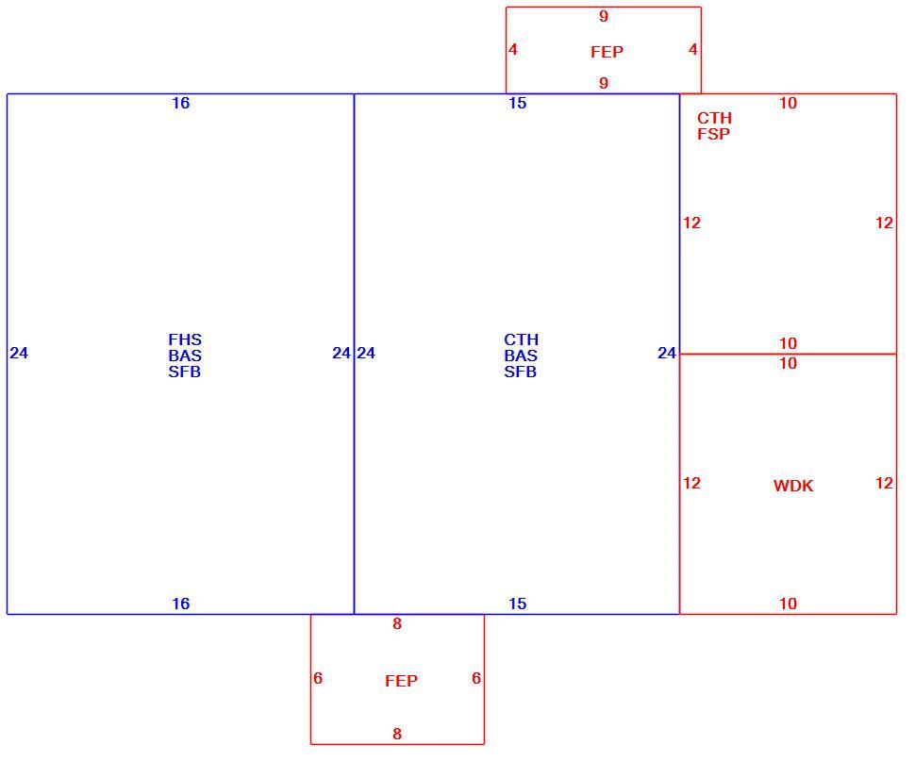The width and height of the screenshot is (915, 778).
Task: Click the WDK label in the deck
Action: pos(793,486)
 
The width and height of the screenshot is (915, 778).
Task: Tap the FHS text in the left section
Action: pos(185,339)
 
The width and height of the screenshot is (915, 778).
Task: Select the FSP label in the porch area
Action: pos(713,134)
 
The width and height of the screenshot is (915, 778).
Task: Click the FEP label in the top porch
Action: pos(607,52)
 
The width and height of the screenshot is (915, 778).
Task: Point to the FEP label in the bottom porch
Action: pos(402,681)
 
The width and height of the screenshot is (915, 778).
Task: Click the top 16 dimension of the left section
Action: pos(181,103)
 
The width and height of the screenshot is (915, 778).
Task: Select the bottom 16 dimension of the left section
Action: pos(181,604)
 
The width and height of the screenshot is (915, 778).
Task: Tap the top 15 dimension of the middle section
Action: pos(518,103)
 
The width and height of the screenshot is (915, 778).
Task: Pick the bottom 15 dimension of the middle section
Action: pos(518,604)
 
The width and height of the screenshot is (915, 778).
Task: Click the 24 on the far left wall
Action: pos(19,353)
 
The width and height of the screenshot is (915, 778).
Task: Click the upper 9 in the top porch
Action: pos(604,16)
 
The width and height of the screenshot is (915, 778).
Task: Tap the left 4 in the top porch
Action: pos(513,50)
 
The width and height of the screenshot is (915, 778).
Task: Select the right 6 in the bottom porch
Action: pos(476,678)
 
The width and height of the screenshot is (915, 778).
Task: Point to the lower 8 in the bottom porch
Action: pos(397,734)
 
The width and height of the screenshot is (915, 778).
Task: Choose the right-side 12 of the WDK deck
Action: pos(884,483)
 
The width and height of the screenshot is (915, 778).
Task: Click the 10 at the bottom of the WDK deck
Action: pos(788,604)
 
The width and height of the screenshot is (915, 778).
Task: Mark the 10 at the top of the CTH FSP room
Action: pos(788,103)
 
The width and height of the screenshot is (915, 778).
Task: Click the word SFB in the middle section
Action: pos(521,372)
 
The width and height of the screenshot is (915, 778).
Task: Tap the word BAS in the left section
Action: pos(185,356)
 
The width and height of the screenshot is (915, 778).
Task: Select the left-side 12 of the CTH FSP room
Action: pos(692,223)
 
